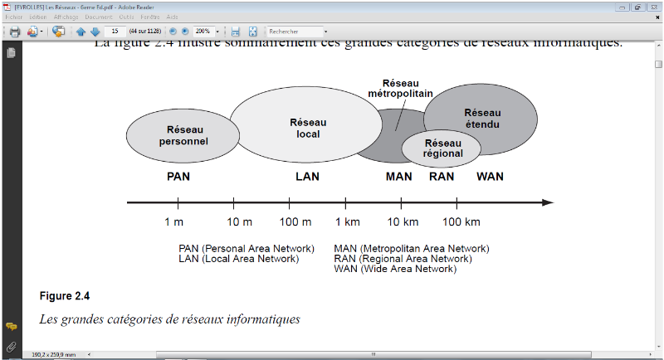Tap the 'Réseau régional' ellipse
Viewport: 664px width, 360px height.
tap(442, 148)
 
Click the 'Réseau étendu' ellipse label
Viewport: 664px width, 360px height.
tap(482, 119)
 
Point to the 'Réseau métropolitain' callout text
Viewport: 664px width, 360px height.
tap(400, 89)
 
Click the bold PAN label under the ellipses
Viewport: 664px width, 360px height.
tap(178, 177)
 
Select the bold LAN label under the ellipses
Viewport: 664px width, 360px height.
tap(307, 177)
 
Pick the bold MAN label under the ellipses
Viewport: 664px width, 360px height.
tap(398, 177)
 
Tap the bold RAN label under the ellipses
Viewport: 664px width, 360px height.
tap(442, 177)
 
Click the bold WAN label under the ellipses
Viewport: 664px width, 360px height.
tap(490, 177)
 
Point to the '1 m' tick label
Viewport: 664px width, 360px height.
tap(173, 221)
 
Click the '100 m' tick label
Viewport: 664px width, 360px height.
tap(295, 221)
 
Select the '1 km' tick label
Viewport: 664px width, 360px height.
tap(348, 221)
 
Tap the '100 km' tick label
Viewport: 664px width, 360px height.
tap(461, 221)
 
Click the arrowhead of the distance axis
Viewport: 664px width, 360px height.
tap(547, 202)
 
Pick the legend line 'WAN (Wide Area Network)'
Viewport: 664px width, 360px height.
tap(395, 269)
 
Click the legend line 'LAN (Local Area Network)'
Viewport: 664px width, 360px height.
tap(238, 259)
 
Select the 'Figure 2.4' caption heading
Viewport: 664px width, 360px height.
tap(64, 296)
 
